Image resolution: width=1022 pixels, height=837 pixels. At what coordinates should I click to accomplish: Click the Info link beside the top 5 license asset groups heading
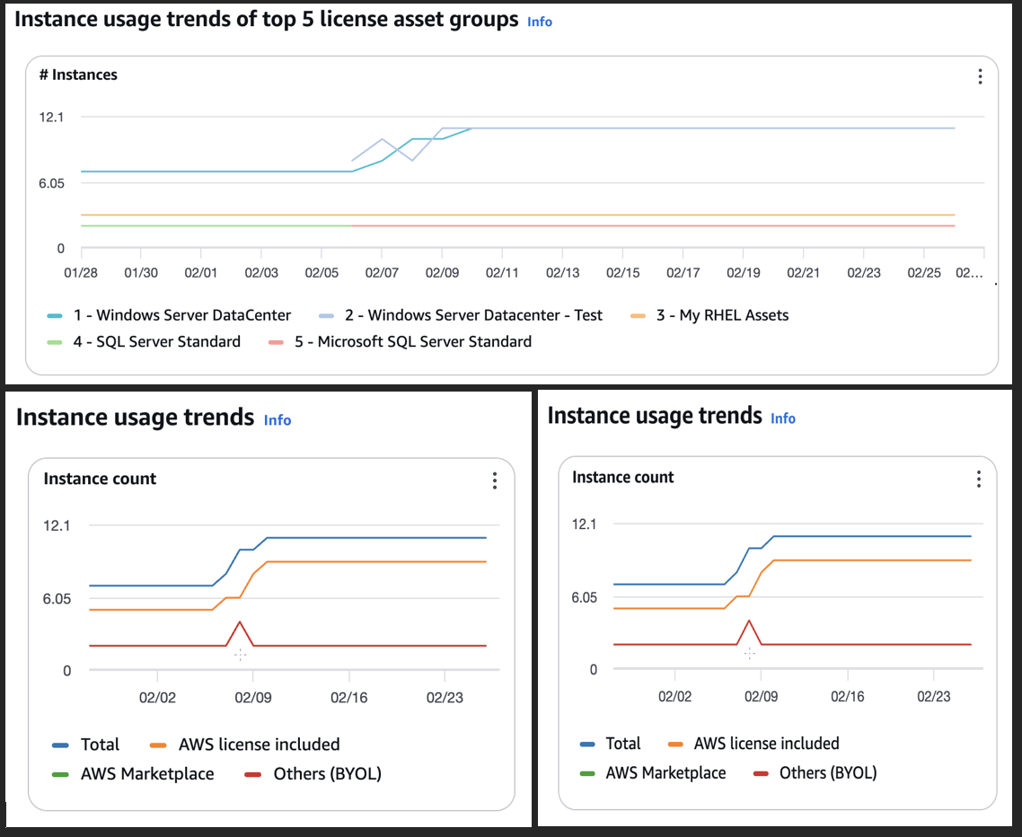coord(540,22)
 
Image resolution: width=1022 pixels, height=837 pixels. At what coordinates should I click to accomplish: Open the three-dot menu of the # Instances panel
coord(980,76)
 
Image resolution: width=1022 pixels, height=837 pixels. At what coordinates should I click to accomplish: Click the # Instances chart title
coord(78,75)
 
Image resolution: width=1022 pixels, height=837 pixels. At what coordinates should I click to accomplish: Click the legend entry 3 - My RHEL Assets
coord(735,315)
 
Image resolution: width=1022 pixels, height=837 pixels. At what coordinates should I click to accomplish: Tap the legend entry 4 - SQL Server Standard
coord(168,341)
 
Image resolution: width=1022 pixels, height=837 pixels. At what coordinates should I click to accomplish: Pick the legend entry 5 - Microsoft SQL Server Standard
coord(424,341)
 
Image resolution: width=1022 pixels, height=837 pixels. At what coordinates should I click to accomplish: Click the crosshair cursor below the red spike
coord(240,655)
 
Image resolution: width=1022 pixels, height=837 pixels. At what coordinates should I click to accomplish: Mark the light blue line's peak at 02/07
coord(382,139)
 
